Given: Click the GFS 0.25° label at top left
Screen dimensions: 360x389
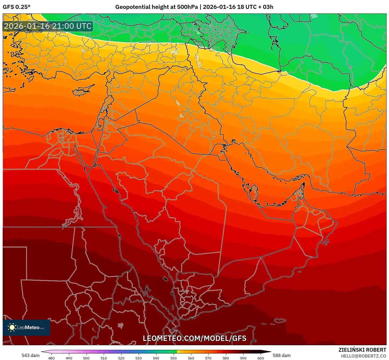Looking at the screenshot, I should [16, 7].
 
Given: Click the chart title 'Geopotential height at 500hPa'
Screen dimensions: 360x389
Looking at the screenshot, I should [156, 7].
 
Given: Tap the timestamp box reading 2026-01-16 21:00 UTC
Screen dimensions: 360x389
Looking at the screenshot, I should [48, 26].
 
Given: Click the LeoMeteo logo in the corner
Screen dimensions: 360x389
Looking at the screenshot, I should [26, 327].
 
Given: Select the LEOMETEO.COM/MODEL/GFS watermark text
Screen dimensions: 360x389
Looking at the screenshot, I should [194, 338].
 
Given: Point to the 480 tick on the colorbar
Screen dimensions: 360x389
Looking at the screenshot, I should [51, 358].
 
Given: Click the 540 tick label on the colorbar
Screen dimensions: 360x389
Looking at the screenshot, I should [156, 358].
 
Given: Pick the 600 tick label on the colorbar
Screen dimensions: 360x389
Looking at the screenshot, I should [261, 358].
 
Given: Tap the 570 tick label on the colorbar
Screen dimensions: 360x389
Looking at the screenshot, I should [208, 358].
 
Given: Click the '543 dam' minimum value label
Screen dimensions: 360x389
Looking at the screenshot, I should [30, 355].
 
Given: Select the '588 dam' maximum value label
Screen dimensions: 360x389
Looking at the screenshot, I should [282, 355].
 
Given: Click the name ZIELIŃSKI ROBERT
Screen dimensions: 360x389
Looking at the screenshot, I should [362, 350].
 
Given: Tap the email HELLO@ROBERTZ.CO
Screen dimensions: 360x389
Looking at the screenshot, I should [363, 356].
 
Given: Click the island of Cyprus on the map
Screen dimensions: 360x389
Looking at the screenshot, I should [82, 91].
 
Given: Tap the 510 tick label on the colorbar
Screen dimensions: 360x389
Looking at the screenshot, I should [104, 358].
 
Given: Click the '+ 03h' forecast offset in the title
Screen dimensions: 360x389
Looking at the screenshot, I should [265, 7].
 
